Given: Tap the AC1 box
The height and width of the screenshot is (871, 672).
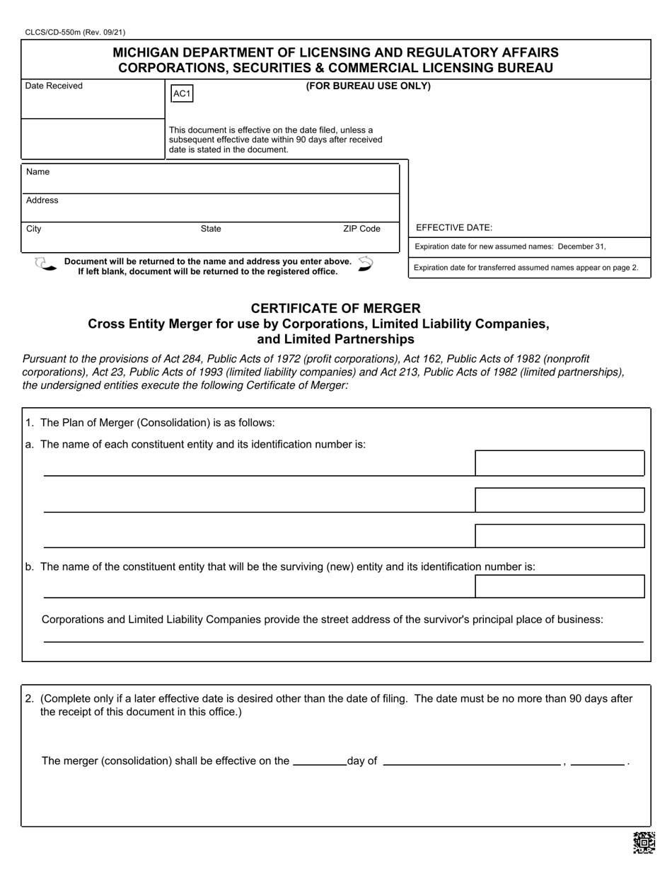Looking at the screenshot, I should (182, 94).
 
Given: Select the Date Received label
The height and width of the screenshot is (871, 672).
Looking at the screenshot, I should (54, 86).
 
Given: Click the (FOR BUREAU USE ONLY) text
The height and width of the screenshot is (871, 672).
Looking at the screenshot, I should (368, 86).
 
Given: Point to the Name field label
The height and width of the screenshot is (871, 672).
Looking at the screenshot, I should (37, 172).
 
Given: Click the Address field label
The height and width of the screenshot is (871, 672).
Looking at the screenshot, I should (42, 200).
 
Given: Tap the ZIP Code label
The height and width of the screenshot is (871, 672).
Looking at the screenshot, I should (361, 229).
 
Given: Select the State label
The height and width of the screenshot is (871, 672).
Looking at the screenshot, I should (211, 229).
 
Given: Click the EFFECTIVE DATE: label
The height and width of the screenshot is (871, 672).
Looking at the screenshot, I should (454, 228).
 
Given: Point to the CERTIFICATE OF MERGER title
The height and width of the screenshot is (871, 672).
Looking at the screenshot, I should (336, 309).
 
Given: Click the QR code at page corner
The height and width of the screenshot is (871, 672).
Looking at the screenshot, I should (644, 843).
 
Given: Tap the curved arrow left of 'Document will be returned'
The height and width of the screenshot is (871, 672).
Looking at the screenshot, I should (45, 265).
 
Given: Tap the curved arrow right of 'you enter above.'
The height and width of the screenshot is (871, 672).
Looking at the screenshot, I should (365, 264).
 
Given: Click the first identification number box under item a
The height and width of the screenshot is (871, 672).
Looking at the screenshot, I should (560, 463).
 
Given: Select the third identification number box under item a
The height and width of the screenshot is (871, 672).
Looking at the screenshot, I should (560, 536).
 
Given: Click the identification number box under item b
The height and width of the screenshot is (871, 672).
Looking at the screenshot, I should (560, 586).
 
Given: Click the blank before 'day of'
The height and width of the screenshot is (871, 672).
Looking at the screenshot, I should (319, 761).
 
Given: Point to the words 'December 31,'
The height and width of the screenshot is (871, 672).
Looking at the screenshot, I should (582, 247).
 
